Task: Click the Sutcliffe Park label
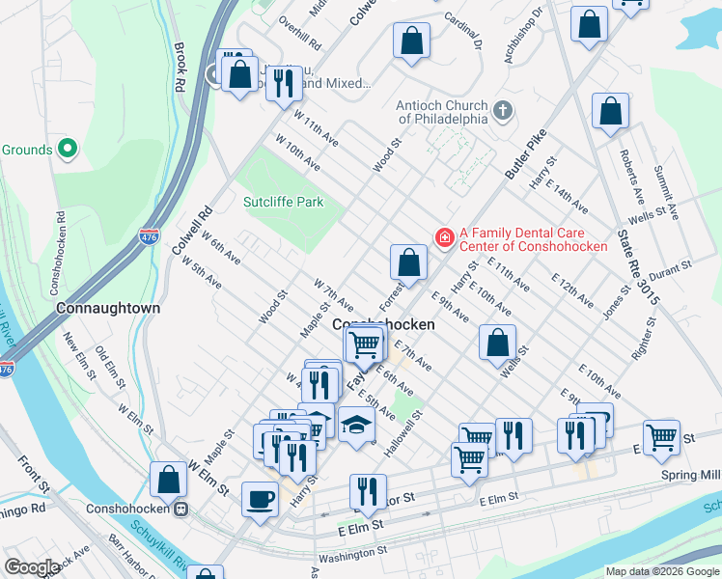tap(283, 202)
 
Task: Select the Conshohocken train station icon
tap(179, 509)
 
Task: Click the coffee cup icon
tap(259, 499)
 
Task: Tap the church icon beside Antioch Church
tap(502, 110)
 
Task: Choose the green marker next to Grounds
tap(67, 149)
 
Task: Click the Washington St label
tap(352, 556)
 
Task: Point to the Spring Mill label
tap(691, 475)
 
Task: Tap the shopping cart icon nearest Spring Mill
tap(661, 437)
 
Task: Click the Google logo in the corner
tap(31, 566)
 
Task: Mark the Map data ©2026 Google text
tap(661, 571)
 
